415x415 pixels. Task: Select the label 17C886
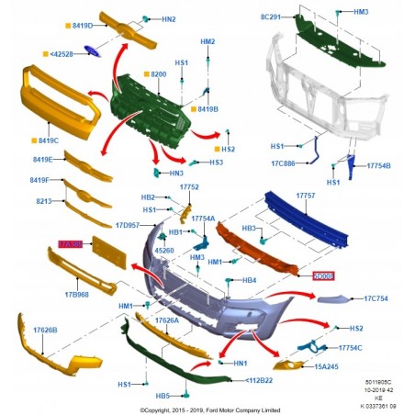click(x=285, y=163)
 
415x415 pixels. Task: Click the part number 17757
click(x=305, y=196)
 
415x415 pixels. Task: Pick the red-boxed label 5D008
click(x=322, y=274)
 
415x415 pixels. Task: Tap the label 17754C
click(x=375, y=347)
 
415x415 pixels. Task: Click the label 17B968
click(x=75, y=295)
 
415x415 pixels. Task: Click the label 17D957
click(x=129, y=224)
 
